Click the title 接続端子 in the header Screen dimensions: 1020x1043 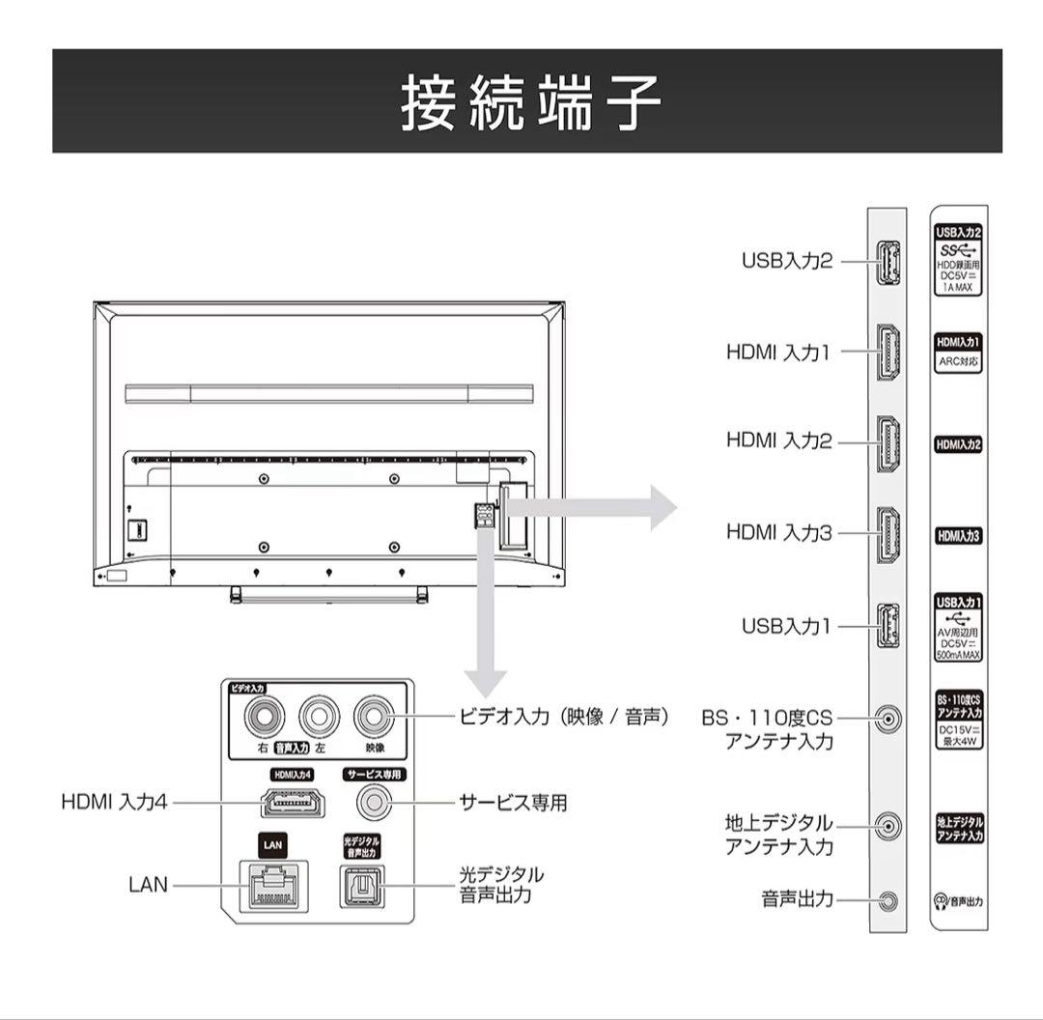click(530, 102)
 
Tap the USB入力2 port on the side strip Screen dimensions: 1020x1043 click(888, 261)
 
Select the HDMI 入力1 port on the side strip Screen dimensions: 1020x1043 click(888, 353)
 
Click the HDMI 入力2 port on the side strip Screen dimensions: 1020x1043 click(888, 443)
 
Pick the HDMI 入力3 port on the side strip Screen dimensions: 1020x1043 click(888, 534)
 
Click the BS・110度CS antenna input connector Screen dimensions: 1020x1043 click(888, 719)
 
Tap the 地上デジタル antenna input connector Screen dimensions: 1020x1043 click(888, 825)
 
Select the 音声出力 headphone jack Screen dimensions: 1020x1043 click(888, 901)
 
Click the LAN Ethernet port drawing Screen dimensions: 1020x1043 click(273, 884)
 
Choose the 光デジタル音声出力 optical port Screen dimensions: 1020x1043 click(360, 884)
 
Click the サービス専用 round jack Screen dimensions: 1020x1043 click(374, 801)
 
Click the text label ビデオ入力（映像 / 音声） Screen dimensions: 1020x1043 click(564, 718)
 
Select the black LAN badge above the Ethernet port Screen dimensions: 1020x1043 click(273, 844)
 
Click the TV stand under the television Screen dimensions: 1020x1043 click(328, 593)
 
